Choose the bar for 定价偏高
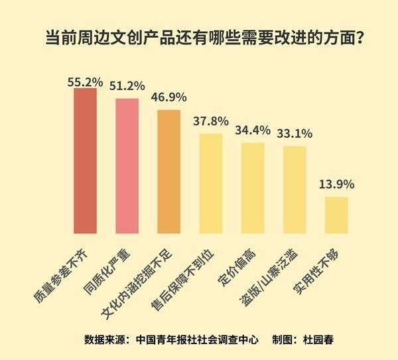pos(253,188)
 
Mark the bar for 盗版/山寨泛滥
pos(295,190)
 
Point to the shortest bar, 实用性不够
pos(336,215)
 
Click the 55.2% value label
pos(85,81)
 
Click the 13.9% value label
pos(337,184)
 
